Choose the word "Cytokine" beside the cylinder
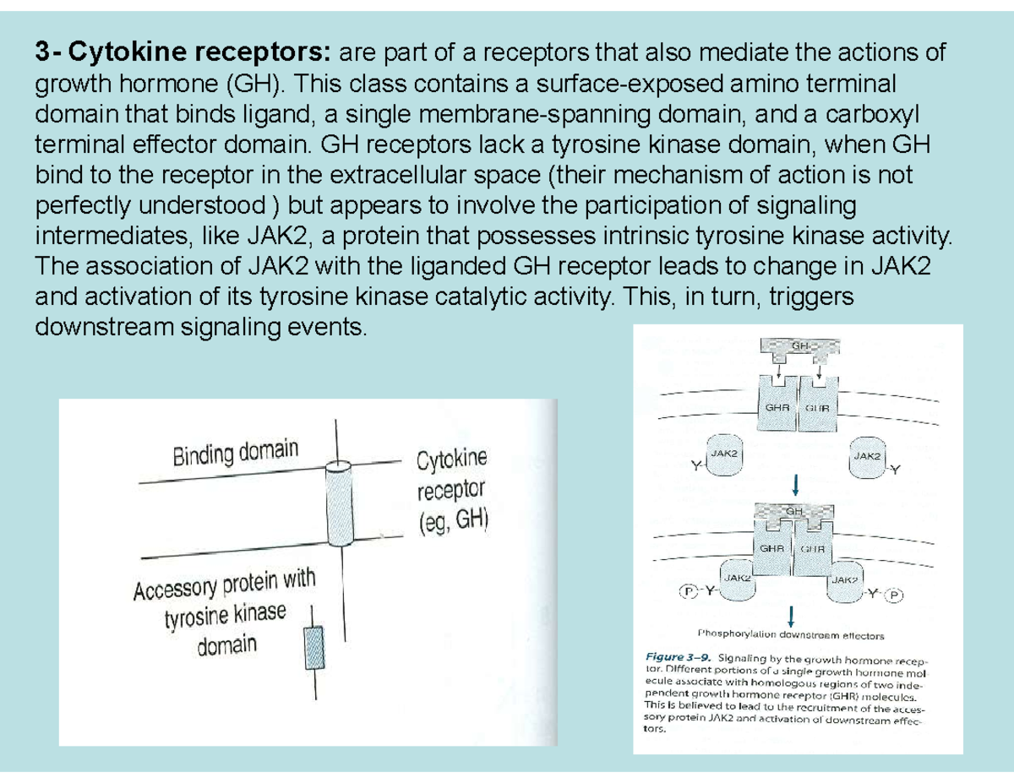[452, 460]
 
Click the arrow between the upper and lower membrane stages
[795, 487]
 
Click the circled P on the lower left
[690, 592]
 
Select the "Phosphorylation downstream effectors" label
[790, 634]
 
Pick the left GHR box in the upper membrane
[776, 408]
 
